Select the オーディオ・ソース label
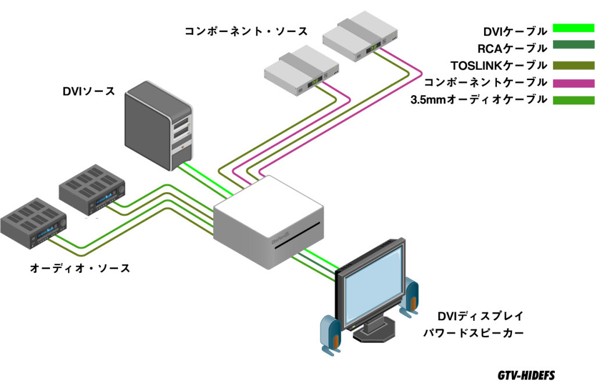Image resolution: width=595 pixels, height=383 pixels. (80, 268)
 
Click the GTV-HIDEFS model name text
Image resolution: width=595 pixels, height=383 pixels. (526, 374)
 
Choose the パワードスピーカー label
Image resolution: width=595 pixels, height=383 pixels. (473, 333)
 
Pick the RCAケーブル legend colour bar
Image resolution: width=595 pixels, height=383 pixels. (573, 48)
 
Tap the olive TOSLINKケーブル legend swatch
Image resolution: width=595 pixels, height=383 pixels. (573, 65)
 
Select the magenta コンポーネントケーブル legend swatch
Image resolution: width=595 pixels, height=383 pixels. (573, 82)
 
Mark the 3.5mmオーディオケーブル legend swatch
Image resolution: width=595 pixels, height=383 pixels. (573, 100)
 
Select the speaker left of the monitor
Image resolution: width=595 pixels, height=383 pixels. (331, 334)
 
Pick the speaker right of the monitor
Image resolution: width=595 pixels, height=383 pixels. (410, 297)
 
